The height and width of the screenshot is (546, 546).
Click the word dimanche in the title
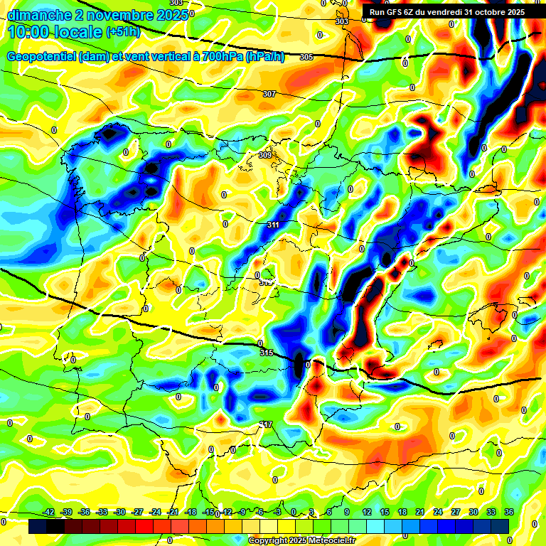pos(35,15)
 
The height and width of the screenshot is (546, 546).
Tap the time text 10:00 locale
pos(54,33)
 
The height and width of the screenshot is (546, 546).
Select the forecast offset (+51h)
pos(123,33)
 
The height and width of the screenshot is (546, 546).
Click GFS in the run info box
pos(398,12)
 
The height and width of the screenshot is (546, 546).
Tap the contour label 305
pos(306,57)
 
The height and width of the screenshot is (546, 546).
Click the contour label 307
pos(269,94)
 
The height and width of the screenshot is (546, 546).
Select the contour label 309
pos(265,155)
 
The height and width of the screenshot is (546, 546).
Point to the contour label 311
pos(273,225)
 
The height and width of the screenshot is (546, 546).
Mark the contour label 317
pos(266,424)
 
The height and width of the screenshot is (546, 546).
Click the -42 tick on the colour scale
pos(49,512)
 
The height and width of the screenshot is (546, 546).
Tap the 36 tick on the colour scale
pos(509,512)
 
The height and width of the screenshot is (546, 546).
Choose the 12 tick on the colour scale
pos(367,512)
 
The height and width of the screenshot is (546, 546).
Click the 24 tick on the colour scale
pos(437,512)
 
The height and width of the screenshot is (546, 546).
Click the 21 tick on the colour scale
pos(420,512)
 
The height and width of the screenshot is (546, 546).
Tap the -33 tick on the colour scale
pos(102,512)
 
